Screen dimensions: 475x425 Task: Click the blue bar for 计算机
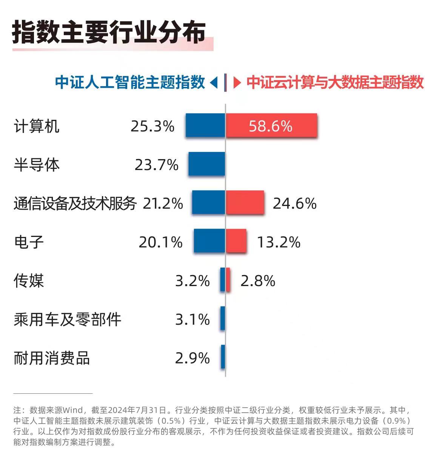tap(205, 125)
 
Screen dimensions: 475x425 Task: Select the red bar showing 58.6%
tap(271, 125)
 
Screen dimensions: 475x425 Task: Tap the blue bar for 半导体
tap(207, 164)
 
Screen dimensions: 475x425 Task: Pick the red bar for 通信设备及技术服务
tap(245, 203)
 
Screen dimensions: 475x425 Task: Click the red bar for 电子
tap(236, 241)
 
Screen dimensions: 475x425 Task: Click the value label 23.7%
tap(156, 165)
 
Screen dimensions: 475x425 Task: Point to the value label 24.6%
tap(294, 204)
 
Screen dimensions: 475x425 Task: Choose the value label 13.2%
tap(279, 242)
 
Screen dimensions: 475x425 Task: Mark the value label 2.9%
tap(192, 358)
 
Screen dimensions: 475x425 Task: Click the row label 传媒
tap(29, 281)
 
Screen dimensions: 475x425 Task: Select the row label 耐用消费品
tap(52, 358)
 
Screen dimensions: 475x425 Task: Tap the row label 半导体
tap(37, 165)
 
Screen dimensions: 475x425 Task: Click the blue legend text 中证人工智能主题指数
tap(130, 82)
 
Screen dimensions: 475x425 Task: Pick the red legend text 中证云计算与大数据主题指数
tap(335, 82)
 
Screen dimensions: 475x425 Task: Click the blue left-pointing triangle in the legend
tap(214, 82)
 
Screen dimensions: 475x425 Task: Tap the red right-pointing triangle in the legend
tap(237, 82)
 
